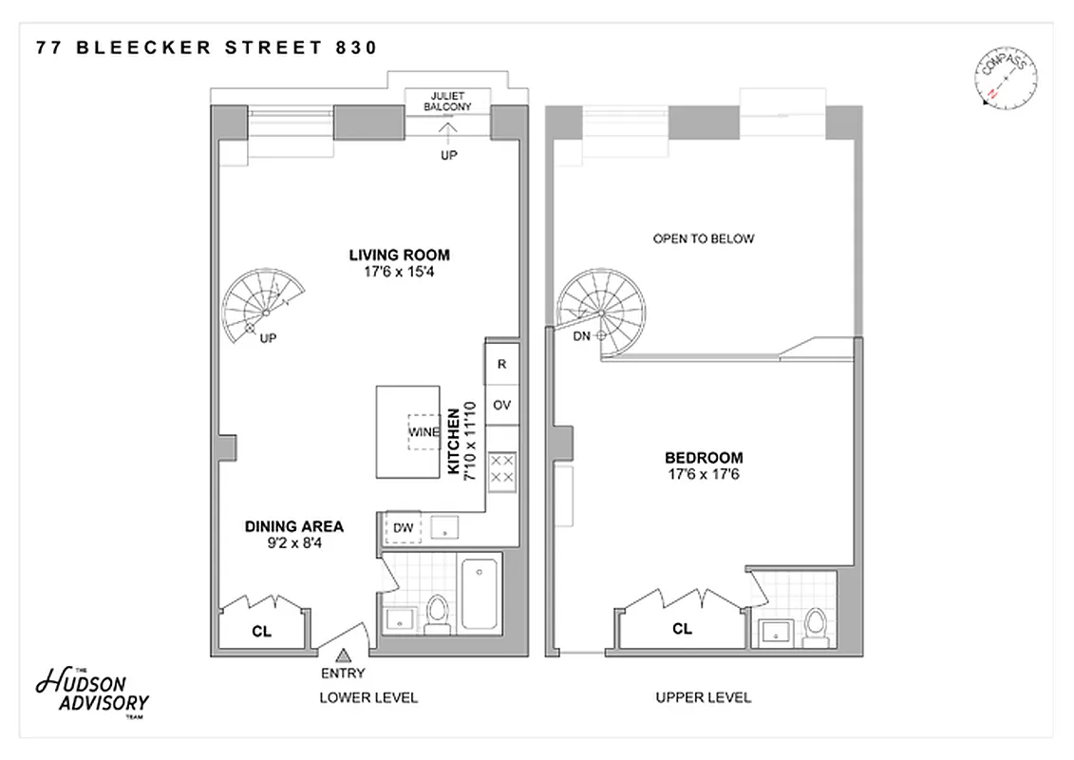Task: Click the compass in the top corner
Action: click(1006, 80)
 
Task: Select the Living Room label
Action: click(399, 255)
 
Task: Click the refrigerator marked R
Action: click(501, 364)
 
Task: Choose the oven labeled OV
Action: click(501, 405)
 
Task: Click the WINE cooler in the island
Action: click(424, 432)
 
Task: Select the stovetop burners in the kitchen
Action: click(501, 468)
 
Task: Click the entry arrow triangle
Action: click(344, 654)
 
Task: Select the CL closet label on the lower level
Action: click(261, 629)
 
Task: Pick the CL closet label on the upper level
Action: click(682, 629)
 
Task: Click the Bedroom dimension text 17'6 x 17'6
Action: click(704, 474)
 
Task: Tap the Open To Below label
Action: click(704, 238)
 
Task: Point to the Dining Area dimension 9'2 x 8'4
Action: click(294, 543)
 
